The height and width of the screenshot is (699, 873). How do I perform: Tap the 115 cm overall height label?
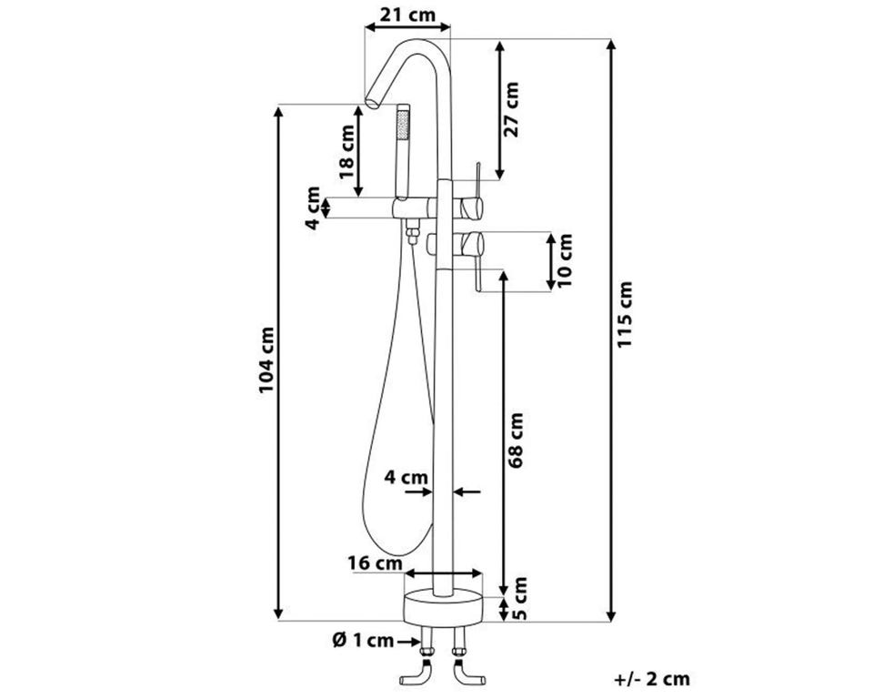coord(626,314)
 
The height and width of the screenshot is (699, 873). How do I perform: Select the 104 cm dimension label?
coord(266,360)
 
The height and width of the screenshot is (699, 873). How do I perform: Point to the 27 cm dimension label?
coord(510,109)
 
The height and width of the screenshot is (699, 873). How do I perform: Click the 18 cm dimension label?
coord(346,152)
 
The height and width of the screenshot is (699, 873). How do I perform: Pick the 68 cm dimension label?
coord(516,441)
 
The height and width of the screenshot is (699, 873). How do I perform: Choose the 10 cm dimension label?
coord(564,260)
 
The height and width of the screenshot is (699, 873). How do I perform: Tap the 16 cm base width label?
coord(376,563)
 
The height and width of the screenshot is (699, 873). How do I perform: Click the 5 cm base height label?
coord(519,599)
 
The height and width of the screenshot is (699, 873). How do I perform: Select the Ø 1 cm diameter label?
coord(363,641)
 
